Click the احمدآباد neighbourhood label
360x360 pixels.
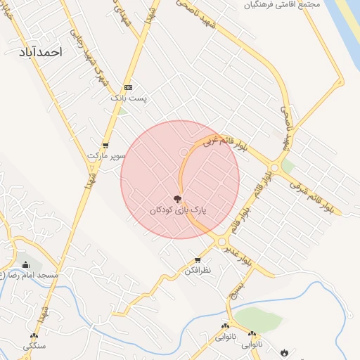point(42,52)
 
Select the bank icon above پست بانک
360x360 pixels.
point(128,86)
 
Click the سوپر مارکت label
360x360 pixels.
point(105,155)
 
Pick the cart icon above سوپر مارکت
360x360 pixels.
point(105,145)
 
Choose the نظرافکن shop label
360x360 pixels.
point(198,270)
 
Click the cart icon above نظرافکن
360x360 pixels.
point(198,260)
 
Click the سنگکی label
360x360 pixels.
point(34,346)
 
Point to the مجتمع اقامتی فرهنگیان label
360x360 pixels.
point(281,5)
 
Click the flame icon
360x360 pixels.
point(284,352)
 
